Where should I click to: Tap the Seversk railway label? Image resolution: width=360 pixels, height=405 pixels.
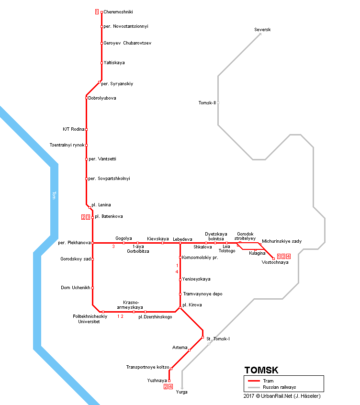pyautogui.click(x=262, y=30)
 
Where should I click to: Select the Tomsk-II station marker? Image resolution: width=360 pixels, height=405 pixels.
pyautogui.click(x=218, y=102)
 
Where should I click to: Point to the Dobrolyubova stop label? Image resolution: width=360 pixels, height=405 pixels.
pyautogui.click(x=102, y=98)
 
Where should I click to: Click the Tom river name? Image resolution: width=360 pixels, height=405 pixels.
pyautogui.click(x=54, y=195)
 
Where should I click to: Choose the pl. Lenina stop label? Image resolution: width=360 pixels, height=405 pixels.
pyautogui.click(x=101, y=205)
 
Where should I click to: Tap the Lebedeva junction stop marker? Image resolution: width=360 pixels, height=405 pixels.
pyautogui.click(x=180, y=243)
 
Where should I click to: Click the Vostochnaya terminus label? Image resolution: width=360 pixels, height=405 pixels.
pyautogui.click(x=275, y=262)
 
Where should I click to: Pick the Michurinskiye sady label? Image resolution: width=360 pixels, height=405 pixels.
pyautogui.click(x=281, y=241)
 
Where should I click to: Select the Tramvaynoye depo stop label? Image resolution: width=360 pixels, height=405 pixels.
pyautogui.click(x=202, y=294)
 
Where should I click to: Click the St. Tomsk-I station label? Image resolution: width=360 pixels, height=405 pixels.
pyautogui.click(x=218, y=339)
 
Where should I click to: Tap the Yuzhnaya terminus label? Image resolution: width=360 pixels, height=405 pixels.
pyautogui.click(x=157, y=380)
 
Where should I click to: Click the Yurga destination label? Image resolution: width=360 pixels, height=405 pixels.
pyautogui.click(x=182, y=392)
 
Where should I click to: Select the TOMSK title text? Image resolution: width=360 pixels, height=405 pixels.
pyautogui.click(x=261, y=370)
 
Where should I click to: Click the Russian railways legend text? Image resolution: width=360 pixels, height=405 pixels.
pyautogui.click(x=279, y=387)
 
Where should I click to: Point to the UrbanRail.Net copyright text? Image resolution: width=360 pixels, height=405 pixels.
pyautogui.click(x=282, y=396)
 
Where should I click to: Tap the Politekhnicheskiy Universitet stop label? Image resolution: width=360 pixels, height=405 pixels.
pyautogui.click(x=90, y=319)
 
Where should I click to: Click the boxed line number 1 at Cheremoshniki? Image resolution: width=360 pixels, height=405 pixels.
pyautogui.click(x=97, y=12)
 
